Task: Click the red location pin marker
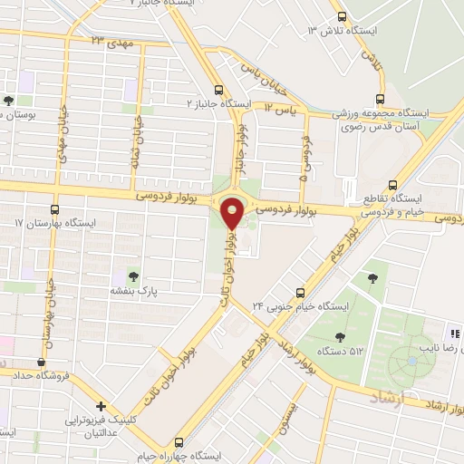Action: coord(233,213)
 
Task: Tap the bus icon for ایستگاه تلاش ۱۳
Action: coord(343,16)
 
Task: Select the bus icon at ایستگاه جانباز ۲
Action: coord(218,90)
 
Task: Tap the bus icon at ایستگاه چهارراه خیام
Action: coord(178,443)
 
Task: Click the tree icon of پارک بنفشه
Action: coord(133,275)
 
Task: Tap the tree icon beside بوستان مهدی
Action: coord(9,101)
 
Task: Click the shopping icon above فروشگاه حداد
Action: coord(41,362)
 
